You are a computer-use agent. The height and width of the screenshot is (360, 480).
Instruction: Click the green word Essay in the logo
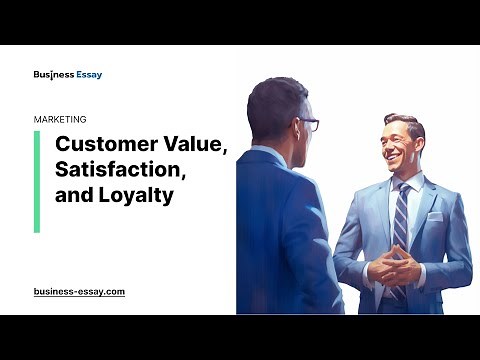click(x=86, y=74)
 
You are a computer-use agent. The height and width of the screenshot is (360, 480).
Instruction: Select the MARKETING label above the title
click(x=60, y=118)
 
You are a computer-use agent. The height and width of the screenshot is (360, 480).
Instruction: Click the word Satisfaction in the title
click(x=120, y=170)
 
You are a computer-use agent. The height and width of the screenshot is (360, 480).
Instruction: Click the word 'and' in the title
click(x=73, y=196)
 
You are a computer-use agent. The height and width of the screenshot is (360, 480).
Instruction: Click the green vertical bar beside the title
click(x=37, y=181)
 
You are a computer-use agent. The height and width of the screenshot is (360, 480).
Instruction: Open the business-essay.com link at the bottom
click(x=79, y=291)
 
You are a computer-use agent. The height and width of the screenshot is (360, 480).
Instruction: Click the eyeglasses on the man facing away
click(x=309, y=124)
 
